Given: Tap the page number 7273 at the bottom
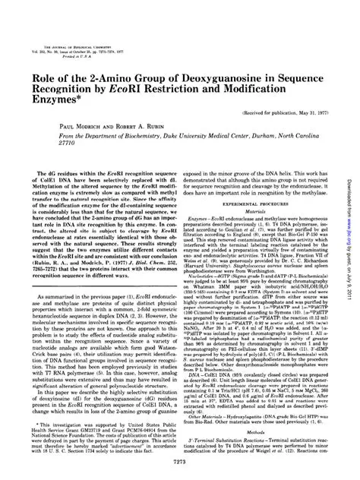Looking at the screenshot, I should pos(179,462).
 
